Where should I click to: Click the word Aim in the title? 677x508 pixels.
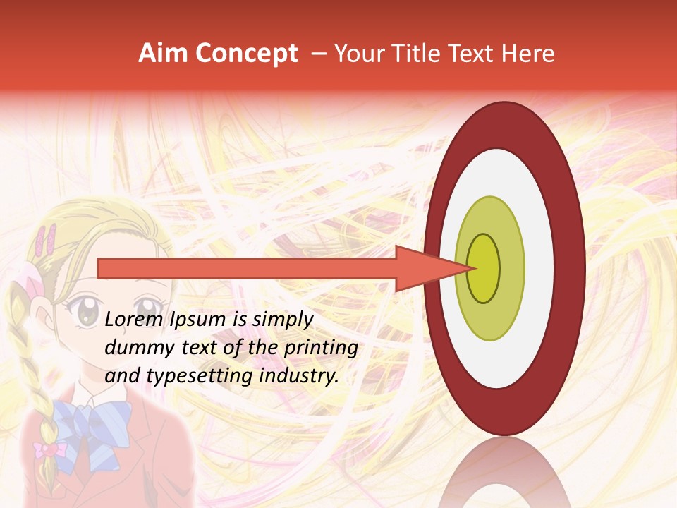(x=163, y=54)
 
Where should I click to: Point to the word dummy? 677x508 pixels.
(x=134, y=348)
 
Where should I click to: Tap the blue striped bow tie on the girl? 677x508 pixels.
(x=92, y=423)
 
